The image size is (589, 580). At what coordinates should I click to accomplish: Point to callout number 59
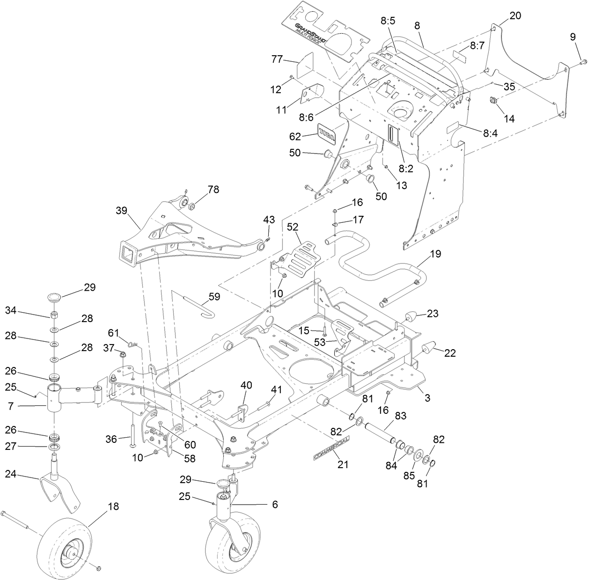coord(214,296)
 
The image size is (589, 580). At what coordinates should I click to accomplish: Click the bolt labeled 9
coord(582,61)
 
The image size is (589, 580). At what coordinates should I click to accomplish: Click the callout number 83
coord(401,415)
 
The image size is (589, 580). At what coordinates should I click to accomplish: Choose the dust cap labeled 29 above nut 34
coord(55,297)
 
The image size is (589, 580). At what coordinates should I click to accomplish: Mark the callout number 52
coord(293,227)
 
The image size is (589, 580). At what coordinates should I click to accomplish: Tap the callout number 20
coord(515,15)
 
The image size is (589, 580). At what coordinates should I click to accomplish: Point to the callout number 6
coord(275,504)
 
